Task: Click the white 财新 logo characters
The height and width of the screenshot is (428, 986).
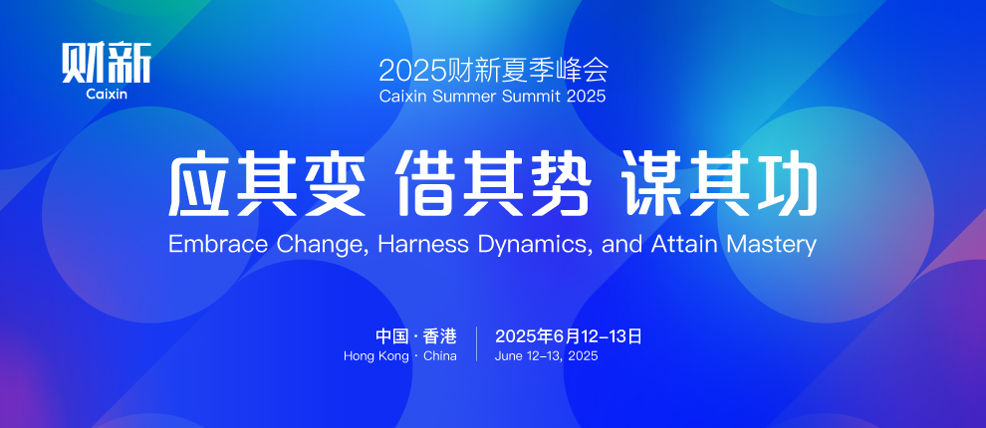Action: point(107,63)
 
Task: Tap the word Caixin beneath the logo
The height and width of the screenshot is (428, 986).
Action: point(107,95)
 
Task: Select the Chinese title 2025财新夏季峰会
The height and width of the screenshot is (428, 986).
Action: point(493,71)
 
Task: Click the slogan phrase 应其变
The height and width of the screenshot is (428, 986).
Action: point(266,185)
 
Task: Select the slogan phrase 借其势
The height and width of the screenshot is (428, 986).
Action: point(492,185)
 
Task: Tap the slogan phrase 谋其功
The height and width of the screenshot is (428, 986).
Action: point(719,185)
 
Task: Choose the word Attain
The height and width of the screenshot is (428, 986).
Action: point(683,244)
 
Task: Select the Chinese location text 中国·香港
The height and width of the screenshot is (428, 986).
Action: point(416,336)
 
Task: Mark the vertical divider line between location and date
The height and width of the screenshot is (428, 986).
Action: point(476,343)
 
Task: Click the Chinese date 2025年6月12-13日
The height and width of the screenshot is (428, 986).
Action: point(569,336)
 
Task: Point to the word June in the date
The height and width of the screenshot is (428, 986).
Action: point(509,355)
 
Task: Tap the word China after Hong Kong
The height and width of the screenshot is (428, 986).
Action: point(440,355)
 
